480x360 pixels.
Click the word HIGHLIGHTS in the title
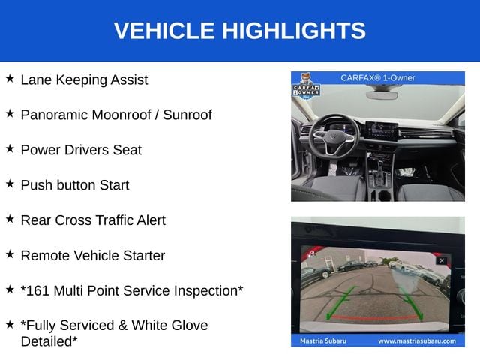pyautogui.click(x=294, y=31)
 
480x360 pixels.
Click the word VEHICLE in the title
pyautogui.click(x=164, y=31)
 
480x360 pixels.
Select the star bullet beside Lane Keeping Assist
pyautogui.click(x=10, y=79)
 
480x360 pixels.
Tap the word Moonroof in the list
pyautogui.click(x=121, y=115)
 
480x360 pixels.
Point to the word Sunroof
pyautogui.click(x=187, y=115)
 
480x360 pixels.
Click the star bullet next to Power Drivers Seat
pyautogui.click(x=10, y=149)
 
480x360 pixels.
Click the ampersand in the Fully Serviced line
pyautogui.click(x=123, y=325)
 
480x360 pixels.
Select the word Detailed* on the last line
pyautogui.click(x=49, y=342)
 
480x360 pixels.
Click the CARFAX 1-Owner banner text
pyautogui.click(x=378, y=78)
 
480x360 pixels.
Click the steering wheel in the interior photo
pyautogui.click(x=334, y=134)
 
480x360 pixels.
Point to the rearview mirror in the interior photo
pyautogui.click(x=382, y=94)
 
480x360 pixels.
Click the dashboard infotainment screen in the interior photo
pyautogui.click(x=382, y=130)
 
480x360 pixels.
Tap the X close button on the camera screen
pyautogui.click(x=442, y=260)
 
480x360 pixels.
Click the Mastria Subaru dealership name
pyautogui.click(x=323, y=341)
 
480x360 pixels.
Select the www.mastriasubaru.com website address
pyautogui.click(x=417, y=341)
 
